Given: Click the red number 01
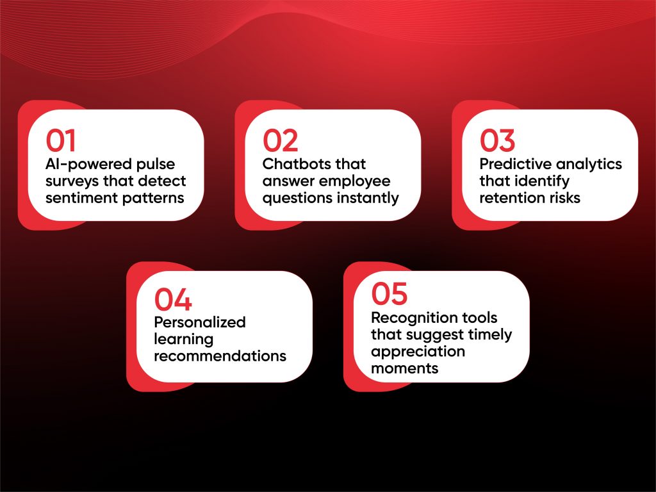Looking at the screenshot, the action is click(x=61, y=140).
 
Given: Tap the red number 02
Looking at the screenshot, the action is click(x=281, y=140).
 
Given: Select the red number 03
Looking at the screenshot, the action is click(x=497, y=140).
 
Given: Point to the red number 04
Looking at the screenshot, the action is click(x=173, y=299).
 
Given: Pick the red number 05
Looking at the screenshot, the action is click(x=389, y=293).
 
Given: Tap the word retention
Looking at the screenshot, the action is click(x=506, y=198).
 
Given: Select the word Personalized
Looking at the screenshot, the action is click(x=200, y=322).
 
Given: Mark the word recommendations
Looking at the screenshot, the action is click(x=220, y=356).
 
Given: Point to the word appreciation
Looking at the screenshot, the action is click(x=418, y=352).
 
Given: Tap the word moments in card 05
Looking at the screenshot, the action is click(x=405, y=368).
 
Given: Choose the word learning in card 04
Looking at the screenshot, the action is click(x=184, y=340).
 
